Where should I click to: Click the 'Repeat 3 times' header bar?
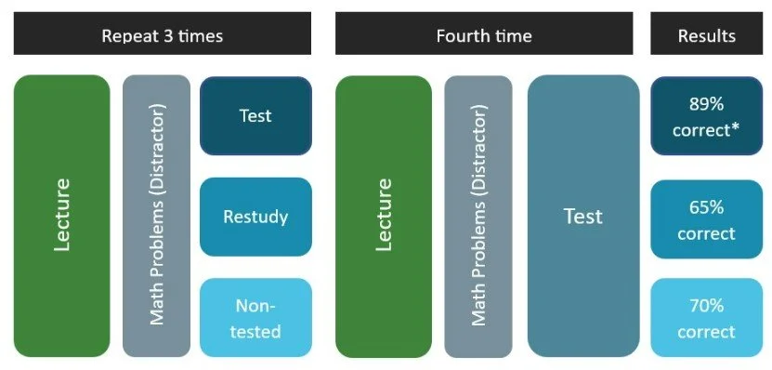pos(162,36)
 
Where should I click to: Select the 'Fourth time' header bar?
pos(483,36)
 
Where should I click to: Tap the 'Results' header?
pos(706,36)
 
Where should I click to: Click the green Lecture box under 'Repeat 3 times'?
pos(61,216)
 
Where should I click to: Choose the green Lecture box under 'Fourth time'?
pos(383,216)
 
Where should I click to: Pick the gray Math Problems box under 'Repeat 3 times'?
pos(156,216)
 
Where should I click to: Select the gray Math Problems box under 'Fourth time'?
pos(478,216)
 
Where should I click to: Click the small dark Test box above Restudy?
pos(255,115)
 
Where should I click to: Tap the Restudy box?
pos(255,217)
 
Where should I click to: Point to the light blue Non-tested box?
pos(255,318)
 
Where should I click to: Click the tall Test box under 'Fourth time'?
pos(582,216)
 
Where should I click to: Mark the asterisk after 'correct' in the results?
pos(736,127)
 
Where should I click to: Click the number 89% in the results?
pos(706,104)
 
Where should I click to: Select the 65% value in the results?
pos(706,205)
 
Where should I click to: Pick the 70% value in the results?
pos(706,306)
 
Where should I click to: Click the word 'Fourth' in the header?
pos(461,36)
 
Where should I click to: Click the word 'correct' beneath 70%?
pos(706,332)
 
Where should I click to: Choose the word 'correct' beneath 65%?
pos(706,232)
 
